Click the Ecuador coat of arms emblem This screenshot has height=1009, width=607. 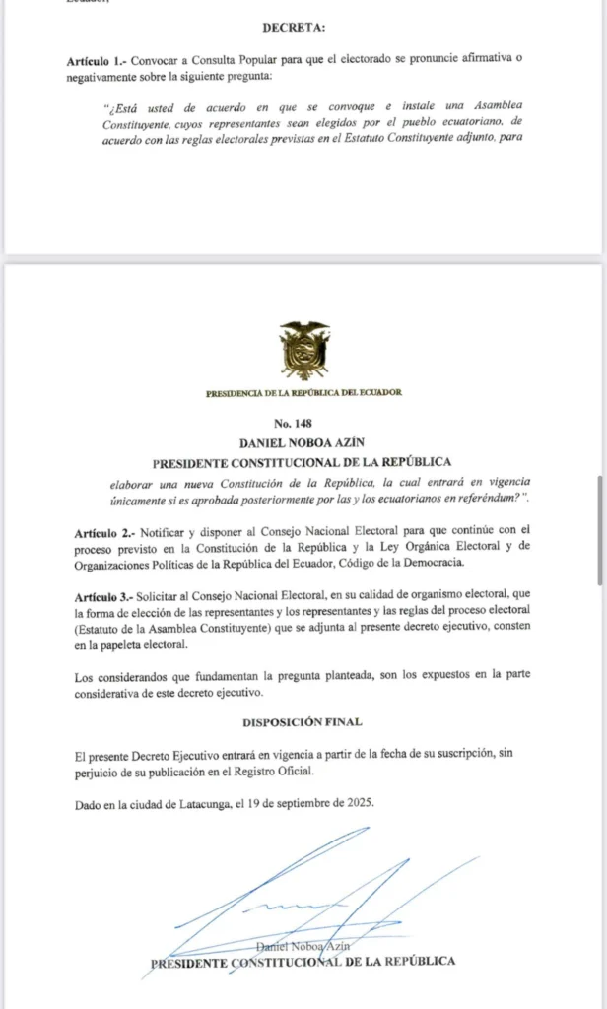click(x=303, y=352)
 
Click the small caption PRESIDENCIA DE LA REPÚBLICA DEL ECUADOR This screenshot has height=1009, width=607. click(x=303, y=393)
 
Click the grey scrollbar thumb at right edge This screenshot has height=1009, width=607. click(x=600, y=532)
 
